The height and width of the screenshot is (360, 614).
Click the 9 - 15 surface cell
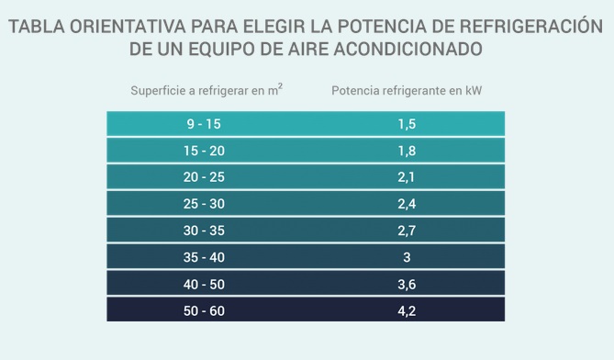click(204, 124)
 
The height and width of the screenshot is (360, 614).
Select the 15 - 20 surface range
click(204, 151)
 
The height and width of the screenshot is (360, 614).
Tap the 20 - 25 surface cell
click(204, 177)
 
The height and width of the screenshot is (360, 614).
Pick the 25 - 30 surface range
click(204, 204)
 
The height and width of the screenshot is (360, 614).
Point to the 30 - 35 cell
click(204, 231)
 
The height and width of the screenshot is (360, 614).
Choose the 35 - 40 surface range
click(204, 257)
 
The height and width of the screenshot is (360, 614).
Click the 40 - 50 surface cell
click(204, 285)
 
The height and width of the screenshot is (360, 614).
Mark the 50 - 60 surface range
click(204, 311)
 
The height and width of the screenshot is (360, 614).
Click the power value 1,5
click(407, 124)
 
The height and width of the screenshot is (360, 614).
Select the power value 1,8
click(407, 151)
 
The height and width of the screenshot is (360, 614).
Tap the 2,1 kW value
click(407, 177)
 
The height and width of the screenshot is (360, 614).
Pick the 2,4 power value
click(407, 204)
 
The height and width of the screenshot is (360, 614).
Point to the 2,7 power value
click(407, 231)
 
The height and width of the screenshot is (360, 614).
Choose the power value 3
click(407, 257)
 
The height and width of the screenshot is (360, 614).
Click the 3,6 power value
click(407, 285)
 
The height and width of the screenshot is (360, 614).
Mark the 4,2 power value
click(407, 311)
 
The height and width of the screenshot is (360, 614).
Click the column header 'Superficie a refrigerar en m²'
click(207, 90)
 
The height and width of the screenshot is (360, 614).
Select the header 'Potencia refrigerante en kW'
click(407, 91)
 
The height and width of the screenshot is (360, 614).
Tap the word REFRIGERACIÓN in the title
click(531, 26)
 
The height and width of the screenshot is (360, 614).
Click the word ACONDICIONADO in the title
click(408, 49)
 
